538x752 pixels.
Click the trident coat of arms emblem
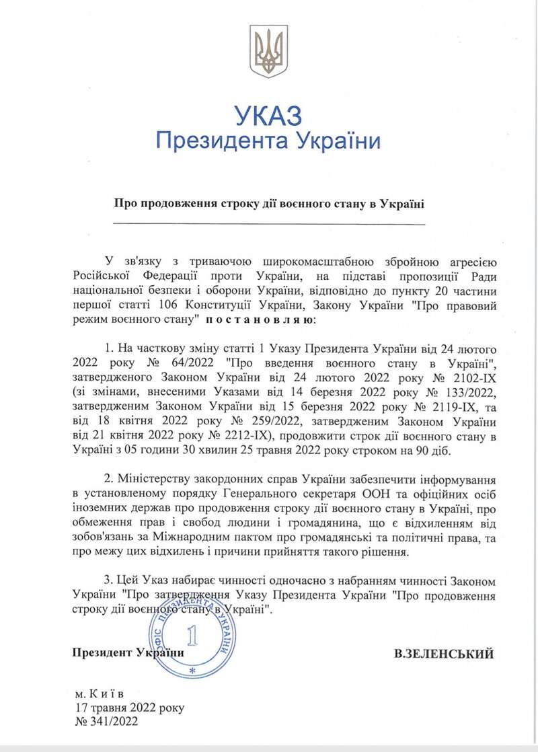point(268,51)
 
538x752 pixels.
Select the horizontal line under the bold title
point(269,223)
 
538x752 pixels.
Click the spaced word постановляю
point(260,321)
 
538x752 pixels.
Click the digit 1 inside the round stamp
point(193,635)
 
